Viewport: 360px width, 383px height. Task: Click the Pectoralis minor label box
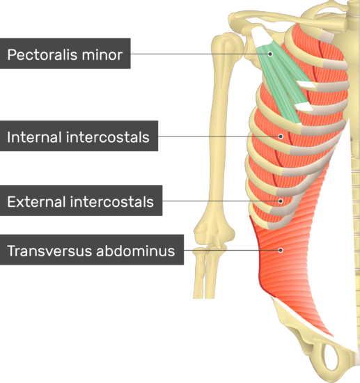tap(65, 54)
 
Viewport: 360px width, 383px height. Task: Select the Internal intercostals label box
tap(79, 136)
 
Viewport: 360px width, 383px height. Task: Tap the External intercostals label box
tap(81, 201)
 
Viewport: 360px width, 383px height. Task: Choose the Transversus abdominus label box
tap(92, 249)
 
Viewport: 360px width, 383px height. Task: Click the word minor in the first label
tap(102, 54)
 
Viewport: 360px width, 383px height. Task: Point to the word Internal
tap(34, 137)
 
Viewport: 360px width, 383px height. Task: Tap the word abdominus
tap(136, 251)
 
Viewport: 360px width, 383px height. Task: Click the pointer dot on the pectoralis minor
tap(270, 54)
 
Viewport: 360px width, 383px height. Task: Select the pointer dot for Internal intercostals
tap(281, 136)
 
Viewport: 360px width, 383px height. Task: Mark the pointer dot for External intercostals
tap(281, 201)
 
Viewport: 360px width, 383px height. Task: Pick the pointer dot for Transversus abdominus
tap(281, 250)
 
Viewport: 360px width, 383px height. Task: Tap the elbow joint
tap(213, 238)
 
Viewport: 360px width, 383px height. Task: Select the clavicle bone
tap(288, 19)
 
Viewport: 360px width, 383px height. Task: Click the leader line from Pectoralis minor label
tap(201, 54)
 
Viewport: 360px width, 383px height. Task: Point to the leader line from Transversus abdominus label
tap(233, 250)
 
